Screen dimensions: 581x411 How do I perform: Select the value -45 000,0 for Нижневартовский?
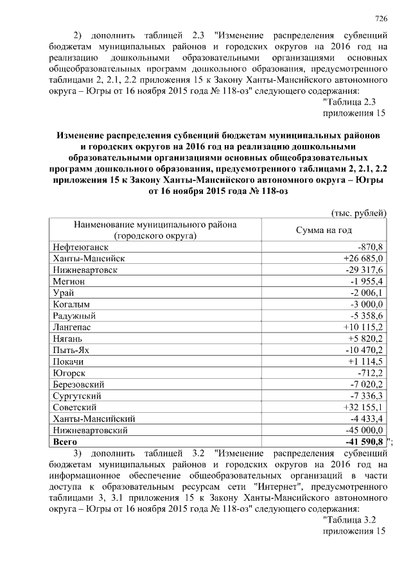tap(363, 430)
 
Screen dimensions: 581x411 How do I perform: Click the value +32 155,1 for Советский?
tap(361, 408)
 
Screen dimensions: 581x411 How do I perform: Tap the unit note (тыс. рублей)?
tap(358, 212)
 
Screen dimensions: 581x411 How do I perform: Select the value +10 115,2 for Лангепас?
tap(361, 327)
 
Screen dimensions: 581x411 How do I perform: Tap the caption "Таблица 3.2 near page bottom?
tap(352, 519)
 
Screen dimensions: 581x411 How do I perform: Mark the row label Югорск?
tap(70, 373)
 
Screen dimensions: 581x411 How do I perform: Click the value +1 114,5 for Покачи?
tap(363, 361)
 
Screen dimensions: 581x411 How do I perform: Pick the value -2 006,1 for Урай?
tap(365, 293)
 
